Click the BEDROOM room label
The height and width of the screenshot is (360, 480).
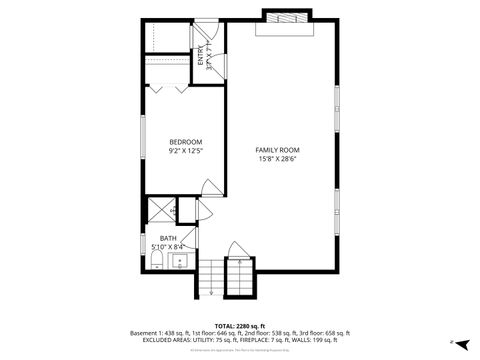pyautogui.click(x=186, y=141)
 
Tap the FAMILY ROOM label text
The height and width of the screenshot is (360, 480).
pyautogui.click(x=278, y=149)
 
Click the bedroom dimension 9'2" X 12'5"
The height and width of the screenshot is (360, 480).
pyautogui.click(x=186, y=151)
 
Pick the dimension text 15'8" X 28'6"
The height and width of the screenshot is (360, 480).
pyautogui.click(x=278, y=158)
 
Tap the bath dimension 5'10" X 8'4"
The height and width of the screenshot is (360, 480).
pyautogui.click(x=167, y=247)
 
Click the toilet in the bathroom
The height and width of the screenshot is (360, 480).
pyautogui.click(x=156, y=262)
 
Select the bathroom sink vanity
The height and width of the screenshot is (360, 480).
pyautogui.click(x=181, y=262)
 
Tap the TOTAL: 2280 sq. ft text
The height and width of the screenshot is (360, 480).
pyautogui.click(x=240, y=325)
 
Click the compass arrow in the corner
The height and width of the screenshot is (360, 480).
pyautogui.click(x=453, y=342)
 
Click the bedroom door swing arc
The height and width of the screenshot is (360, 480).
pyautogui.click(x=211, y=186)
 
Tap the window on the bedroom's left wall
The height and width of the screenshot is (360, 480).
pyautogui.click(x=142, y=134)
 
